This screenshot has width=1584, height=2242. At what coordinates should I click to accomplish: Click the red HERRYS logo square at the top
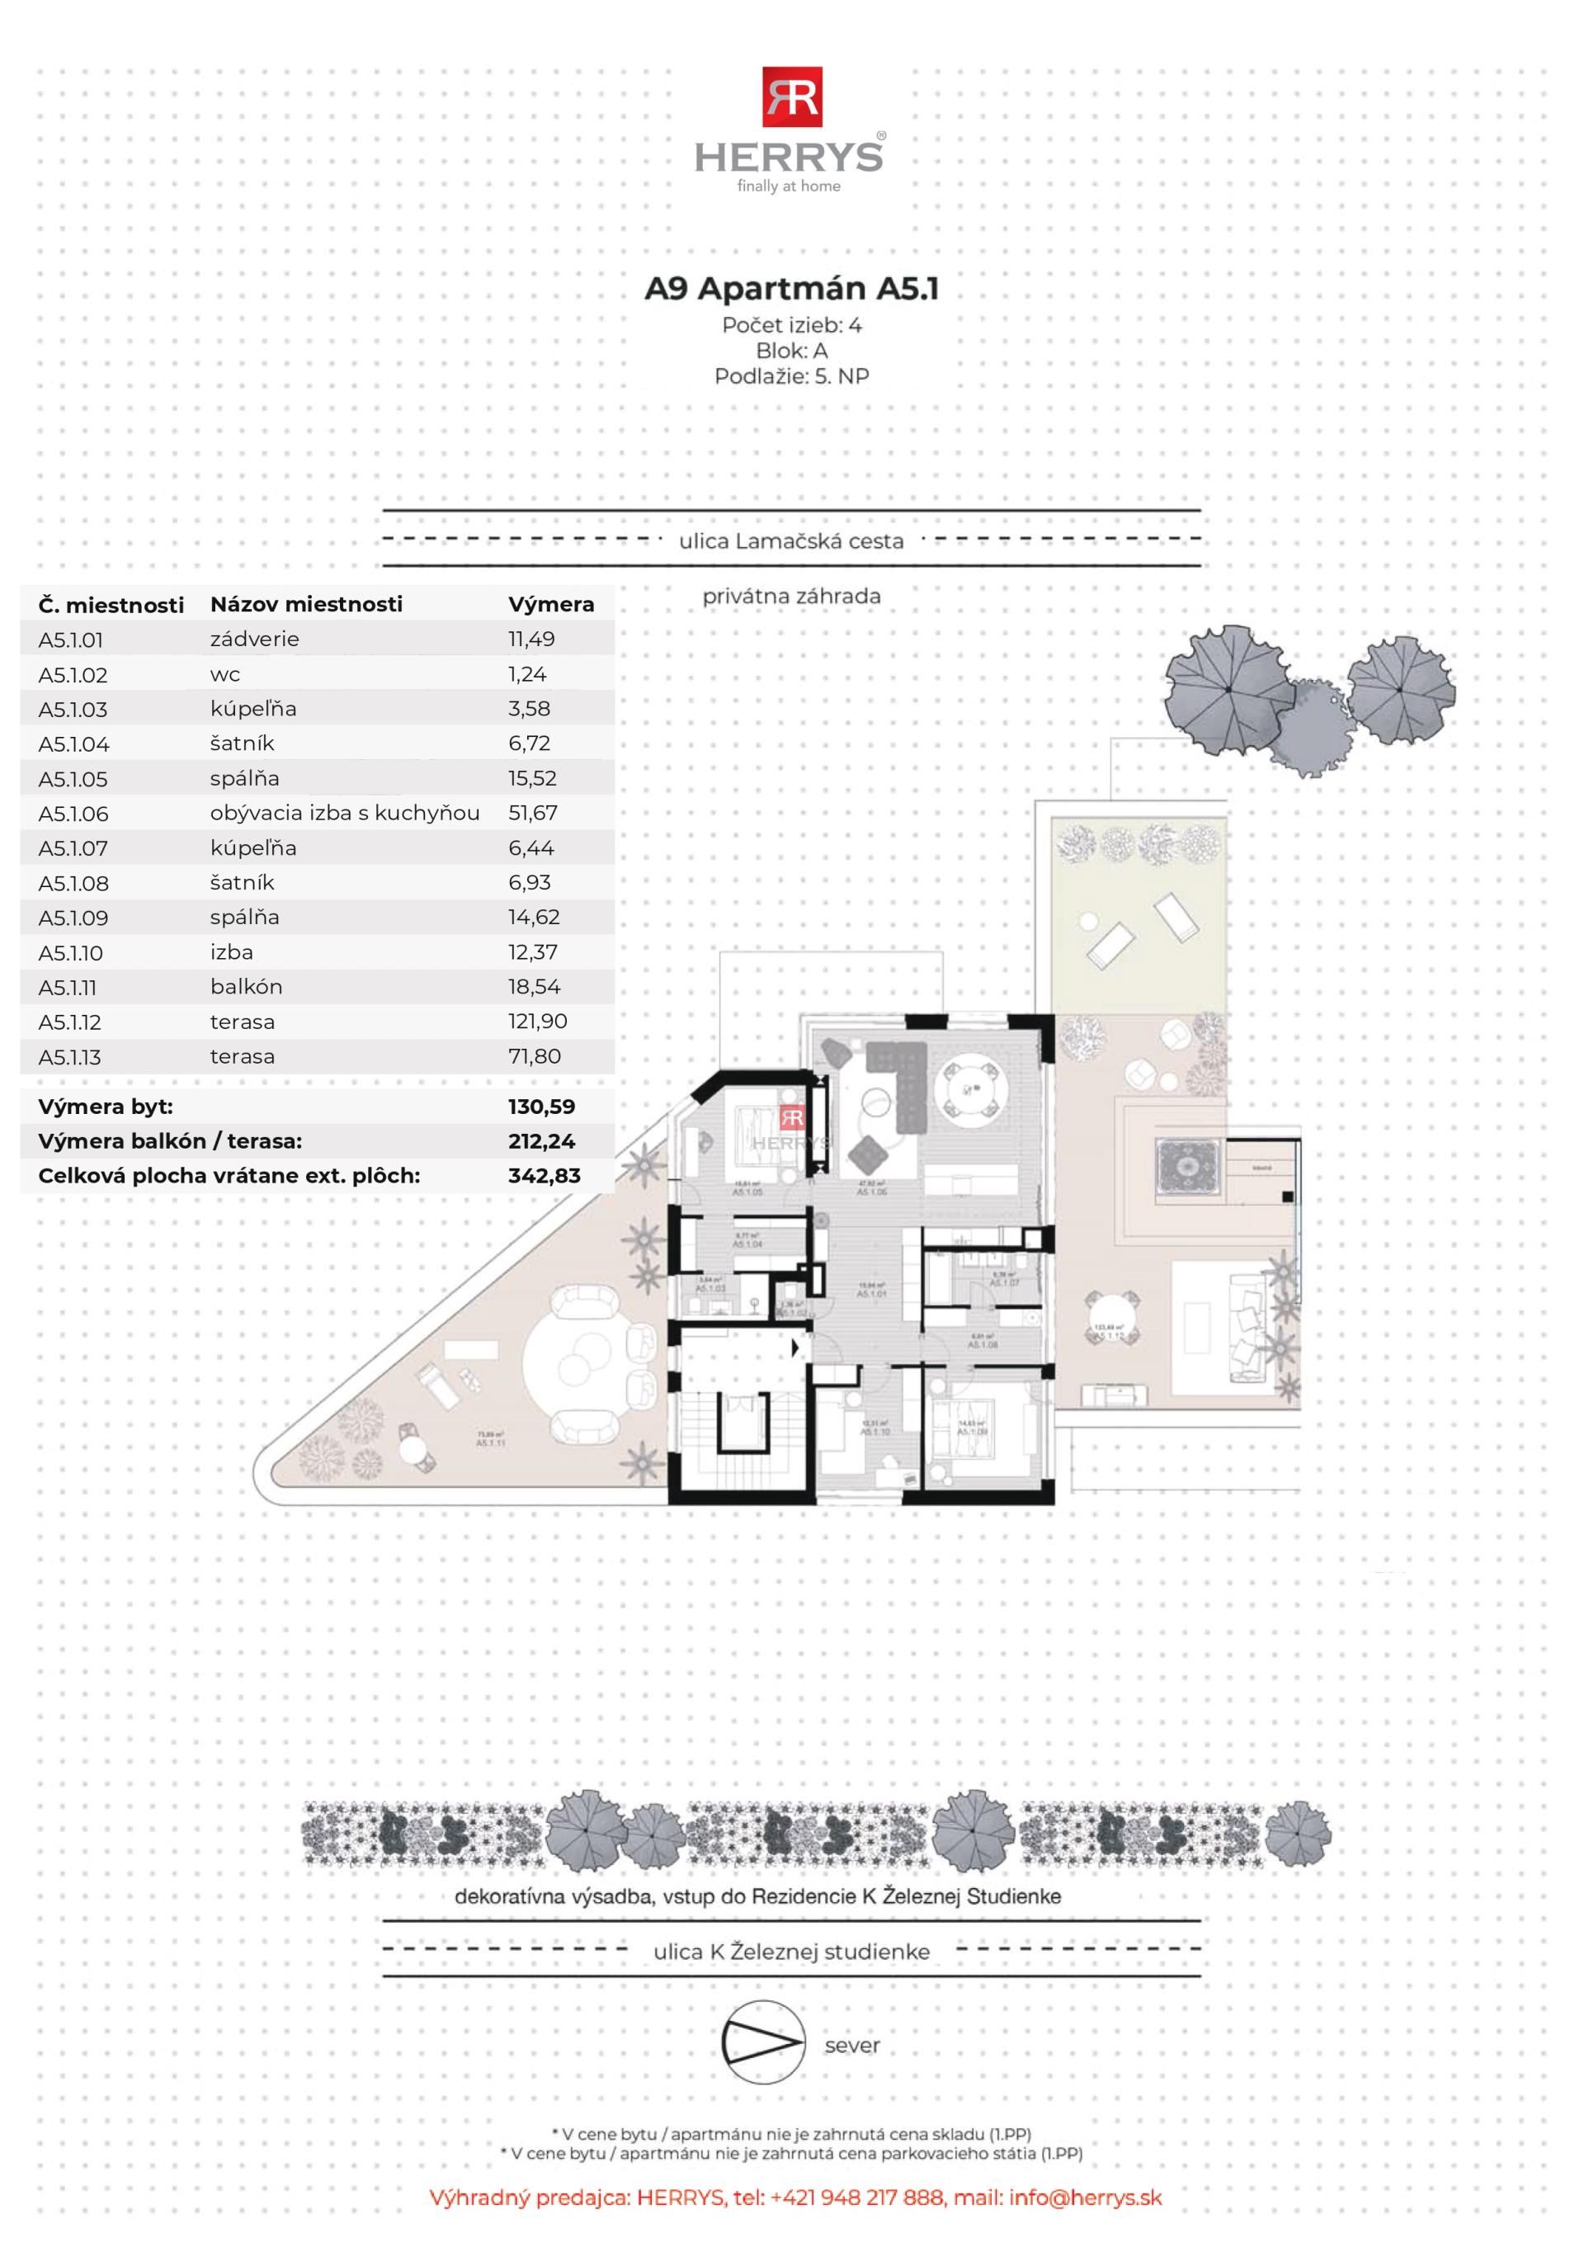coord(792,97)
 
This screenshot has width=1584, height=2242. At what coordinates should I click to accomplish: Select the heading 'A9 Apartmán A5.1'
coord(791,289)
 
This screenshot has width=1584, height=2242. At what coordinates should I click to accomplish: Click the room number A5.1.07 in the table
coord(73,848)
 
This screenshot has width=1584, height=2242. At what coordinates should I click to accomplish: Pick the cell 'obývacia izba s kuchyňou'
coord(345,813)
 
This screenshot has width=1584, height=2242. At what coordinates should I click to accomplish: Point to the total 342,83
coord(544,1176)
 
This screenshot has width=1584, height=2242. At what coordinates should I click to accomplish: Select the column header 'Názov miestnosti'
coord(306,605)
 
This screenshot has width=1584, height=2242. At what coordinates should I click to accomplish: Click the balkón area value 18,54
coord(534,986)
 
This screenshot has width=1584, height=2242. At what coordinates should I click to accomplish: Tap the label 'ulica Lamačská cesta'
coord(791,541)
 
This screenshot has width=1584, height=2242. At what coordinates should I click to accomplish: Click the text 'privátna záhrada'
coord(791,596)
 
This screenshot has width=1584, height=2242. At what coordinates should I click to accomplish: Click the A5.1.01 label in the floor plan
coord(871,1293)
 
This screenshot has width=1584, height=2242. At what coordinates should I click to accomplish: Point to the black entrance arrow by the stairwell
coord(796,1348)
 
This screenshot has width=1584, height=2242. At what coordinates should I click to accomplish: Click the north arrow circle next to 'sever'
coord(762,2043)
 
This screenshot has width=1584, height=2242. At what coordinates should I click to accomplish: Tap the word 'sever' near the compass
coord(851,2045)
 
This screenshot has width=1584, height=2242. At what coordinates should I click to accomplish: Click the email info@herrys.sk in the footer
coord(1085,2197)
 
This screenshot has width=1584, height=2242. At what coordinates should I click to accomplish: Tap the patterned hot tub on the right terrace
coord(1186,1165)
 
